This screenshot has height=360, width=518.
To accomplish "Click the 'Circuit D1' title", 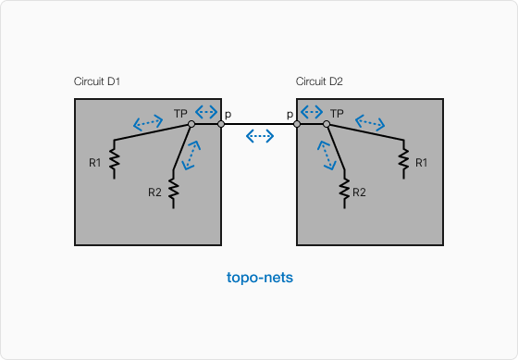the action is [97, 81].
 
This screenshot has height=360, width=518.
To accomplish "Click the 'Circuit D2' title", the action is [319, 81].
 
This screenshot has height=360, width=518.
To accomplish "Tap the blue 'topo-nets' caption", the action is [260, 278].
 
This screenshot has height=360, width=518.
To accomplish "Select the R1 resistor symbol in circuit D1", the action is [114, 162].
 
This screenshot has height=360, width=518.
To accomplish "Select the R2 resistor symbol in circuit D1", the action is [174, 191].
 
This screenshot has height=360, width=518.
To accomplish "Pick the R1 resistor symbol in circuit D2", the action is [404, 162].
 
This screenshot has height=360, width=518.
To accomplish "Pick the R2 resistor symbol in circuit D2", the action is [344, 191].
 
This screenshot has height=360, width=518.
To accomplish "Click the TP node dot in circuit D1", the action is [191, 123].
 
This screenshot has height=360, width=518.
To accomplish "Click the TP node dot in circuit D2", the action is [327, 123].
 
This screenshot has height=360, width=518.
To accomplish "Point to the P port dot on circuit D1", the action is [221, 123].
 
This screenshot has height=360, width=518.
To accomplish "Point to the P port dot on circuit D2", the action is [297, 123].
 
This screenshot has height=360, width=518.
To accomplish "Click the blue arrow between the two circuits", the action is [260, 136].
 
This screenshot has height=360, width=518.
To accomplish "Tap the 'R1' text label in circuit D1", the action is [95, 163].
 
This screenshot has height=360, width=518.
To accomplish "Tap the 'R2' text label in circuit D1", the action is [155, 192].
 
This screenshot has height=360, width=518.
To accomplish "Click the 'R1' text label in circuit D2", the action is [422, 163].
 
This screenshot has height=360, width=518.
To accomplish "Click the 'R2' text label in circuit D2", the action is [360, 192].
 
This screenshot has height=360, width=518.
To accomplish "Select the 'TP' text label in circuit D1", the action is [180, 113].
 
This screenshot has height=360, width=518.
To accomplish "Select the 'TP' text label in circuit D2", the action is [338, 113].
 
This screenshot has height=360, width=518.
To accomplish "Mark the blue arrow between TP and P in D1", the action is [206, 112].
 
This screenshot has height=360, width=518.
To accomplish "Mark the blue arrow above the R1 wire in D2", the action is [370, 121].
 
